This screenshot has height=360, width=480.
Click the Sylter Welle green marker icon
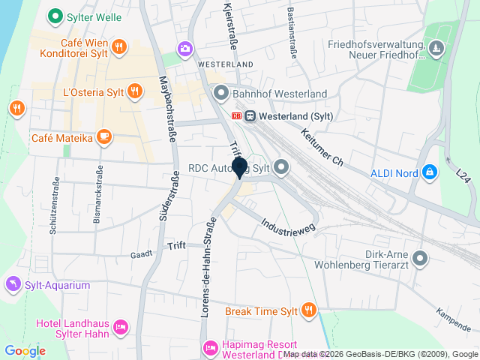click(54, 15)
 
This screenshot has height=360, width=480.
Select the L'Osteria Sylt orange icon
click(135, 92)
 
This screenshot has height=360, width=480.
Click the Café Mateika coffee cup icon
click(104, 137)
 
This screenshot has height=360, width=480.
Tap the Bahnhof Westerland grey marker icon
click(221, 94)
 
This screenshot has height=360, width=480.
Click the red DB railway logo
click(237, 115)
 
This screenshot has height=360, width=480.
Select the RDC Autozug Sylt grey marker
click(281, 167)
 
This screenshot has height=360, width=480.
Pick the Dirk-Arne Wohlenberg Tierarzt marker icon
click(420, 259)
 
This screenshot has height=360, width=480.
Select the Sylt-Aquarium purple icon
click(12, 284)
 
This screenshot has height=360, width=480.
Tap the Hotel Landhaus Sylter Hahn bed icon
click(120, 327)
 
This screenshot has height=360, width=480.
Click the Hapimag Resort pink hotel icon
click(211, 347)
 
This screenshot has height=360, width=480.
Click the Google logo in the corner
click(25, 350)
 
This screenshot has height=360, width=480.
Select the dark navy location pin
click(240, 167)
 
